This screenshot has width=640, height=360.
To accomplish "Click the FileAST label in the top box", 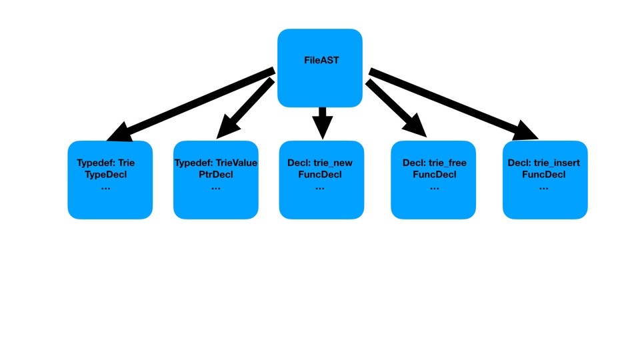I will coord(321,61).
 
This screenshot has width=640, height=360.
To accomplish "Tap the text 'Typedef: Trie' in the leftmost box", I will coord(105,163).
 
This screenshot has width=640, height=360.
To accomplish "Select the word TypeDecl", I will coord(105,175).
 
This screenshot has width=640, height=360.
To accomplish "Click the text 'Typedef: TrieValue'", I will coord(215,163).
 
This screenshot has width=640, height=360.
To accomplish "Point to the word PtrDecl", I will coord(215,175).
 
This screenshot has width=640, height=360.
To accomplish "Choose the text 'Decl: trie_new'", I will coord(320,163).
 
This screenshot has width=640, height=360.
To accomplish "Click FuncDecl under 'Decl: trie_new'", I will coord(320,175).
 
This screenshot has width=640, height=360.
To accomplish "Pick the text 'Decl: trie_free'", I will coord(434,163).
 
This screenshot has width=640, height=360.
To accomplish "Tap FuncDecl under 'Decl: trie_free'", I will coord(434,175).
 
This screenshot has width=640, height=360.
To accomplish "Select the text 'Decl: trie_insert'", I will coord(543,163).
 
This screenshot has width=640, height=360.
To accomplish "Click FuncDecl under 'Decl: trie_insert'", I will coord(543,175).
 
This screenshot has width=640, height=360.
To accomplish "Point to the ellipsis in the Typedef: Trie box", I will coord(105,188).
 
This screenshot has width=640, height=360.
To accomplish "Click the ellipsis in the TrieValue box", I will coord(215,188).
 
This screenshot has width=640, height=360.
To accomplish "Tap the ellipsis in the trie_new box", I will coord(320,188).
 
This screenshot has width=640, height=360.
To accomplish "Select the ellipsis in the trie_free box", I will coord(434,188).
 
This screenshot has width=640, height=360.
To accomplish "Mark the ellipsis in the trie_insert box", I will coord(543,188).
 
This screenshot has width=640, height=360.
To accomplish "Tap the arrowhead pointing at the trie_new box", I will coord(322,129).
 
